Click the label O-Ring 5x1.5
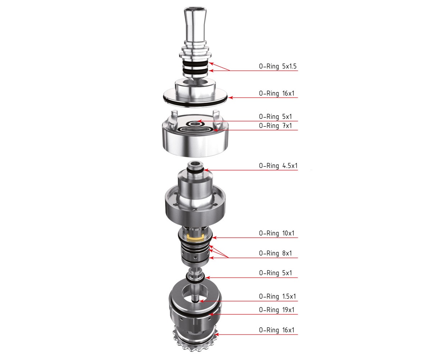click(278, 66)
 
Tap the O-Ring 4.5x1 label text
click(278, 166)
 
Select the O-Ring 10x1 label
click(276, 233)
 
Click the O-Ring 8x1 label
click(275, 253)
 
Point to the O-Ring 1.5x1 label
click(278, 297)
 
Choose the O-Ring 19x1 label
click(276, 310)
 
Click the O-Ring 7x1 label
click(275, 126)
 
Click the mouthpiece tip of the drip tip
click(194, 9)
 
